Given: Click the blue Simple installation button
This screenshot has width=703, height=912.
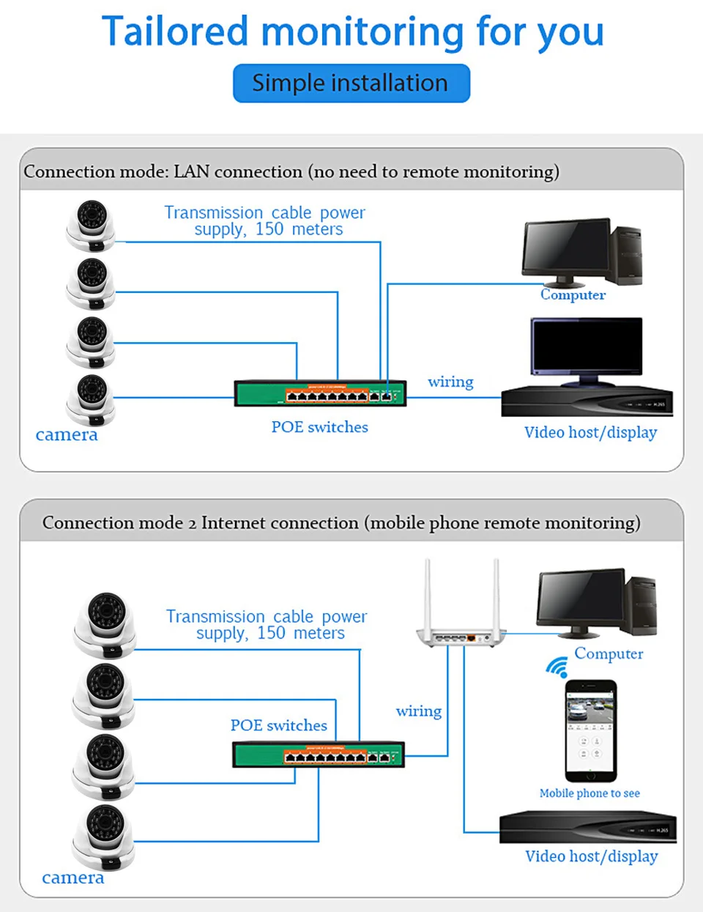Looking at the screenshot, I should (x=351, y=84).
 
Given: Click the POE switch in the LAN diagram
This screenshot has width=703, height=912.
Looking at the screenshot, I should (x=320, y=393).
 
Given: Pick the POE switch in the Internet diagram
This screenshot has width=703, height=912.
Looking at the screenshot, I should (x=318, y=755).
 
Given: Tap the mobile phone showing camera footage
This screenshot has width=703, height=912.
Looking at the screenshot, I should (x=590, y=730).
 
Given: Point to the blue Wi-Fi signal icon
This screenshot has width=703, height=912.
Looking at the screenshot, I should (x=557, y=667).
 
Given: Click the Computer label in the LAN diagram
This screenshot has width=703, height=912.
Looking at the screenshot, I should (x=573, y=295).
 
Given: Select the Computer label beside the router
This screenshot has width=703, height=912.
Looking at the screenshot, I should (x=609, y=653).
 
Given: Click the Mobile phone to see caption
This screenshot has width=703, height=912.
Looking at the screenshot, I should (x=589, y=793).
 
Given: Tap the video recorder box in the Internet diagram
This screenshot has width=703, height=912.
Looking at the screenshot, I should (x=587, y=828).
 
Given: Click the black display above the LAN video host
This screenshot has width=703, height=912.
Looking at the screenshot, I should (x=587, y=348).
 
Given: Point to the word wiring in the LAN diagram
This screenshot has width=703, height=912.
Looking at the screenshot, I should (x=450, y=382).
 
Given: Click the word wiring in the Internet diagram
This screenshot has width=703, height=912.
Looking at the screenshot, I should (x=418, y=711).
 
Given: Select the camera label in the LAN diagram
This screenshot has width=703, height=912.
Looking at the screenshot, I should (x=67, y=434).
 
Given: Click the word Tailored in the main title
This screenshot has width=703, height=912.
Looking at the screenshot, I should (x=176, y=32).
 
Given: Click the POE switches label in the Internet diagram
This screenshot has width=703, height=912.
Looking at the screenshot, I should (x=278, y=725).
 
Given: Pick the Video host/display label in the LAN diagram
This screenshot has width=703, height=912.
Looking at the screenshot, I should (x=590, y=432).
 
